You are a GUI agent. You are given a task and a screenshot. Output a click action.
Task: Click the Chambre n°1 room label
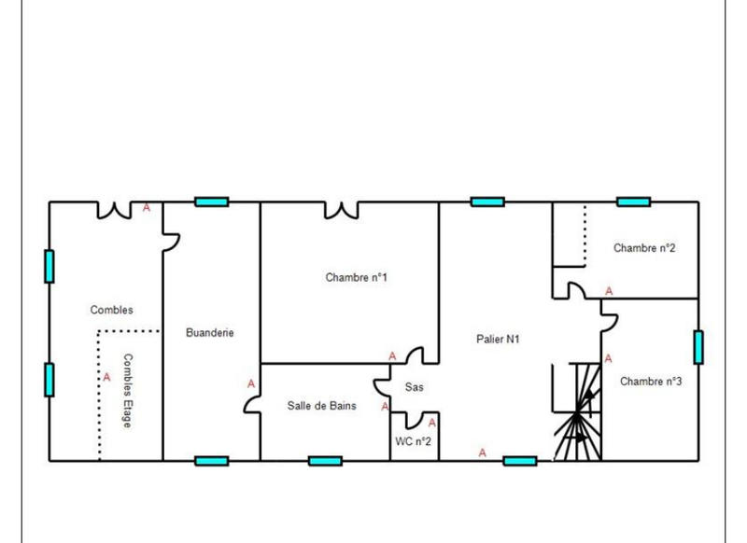356,277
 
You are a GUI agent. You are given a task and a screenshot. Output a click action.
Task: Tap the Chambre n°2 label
644,248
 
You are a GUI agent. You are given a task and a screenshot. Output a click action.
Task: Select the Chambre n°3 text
651,382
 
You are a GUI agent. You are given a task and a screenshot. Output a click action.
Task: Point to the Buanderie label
210,332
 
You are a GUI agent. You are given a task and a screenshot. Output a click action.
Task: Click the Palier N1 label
498,340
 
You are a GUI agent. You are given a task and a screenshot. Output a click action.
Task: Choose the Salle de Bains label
321,406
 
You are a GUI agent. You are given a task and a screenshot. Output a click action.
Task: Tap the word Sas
414,387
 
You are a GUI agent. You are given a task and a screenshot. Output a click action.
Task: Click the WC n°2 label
414,441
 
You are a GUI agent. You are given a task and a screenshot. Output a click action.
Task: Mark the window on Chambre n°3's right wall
698,346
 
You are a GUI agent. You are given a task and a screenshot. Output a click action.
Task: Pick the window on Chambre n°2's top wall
633,202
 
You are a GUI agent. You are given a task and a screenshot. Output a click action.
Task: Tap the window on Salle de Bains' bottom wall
325,460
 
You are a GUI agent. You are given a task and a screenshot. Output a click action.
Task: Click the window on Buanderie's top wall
212,202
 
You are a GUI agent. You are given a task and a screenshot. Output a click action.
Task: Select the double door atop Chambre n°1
341,210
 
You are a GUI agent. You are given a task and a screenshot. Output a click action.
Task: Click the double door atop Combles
114,210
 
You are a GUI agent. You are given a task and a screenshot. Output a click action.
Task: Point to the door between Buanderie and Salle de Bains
252,403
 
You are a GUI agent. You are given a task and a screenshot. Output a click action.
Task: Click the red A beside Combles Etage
106,378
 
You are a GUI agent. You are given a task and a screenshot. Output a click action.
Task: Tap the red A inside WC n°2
431,424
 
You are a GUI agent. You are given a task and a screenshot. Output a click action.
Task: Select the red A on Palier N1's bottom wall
483,452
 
